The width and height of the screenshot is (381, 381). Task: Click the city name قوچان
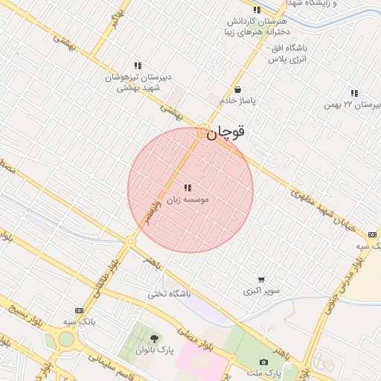coord(225,132)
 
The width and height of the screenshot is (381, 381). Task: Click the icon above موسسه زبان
coord(188,188)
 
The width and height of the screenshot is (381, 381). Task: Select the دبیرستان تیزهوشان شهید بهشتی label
coord(138,82)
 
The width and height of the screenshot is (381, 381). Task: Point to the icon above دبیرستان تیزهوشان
coord(138,65)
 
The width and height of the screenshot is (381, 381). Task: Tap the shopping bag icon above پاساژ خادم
coord(237,89)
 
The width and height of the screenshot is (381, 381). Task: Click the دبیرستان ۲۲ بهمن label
coord(353,105)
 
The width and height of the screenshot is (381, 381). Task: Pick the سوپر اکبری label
coord(261,292)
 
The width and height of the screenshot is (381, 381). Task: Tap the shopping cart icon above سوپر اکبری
coord(261,280)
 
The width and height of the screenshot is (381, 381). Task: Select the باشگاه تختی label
coord(169,294)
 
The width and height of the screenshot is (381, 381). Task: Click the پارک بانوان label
coord(155,350)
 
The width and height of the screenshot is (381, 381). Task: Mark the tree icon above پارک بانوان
coord(155,339)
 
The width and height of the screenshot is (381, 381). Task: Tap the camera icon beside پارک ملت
coord(263,362)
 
